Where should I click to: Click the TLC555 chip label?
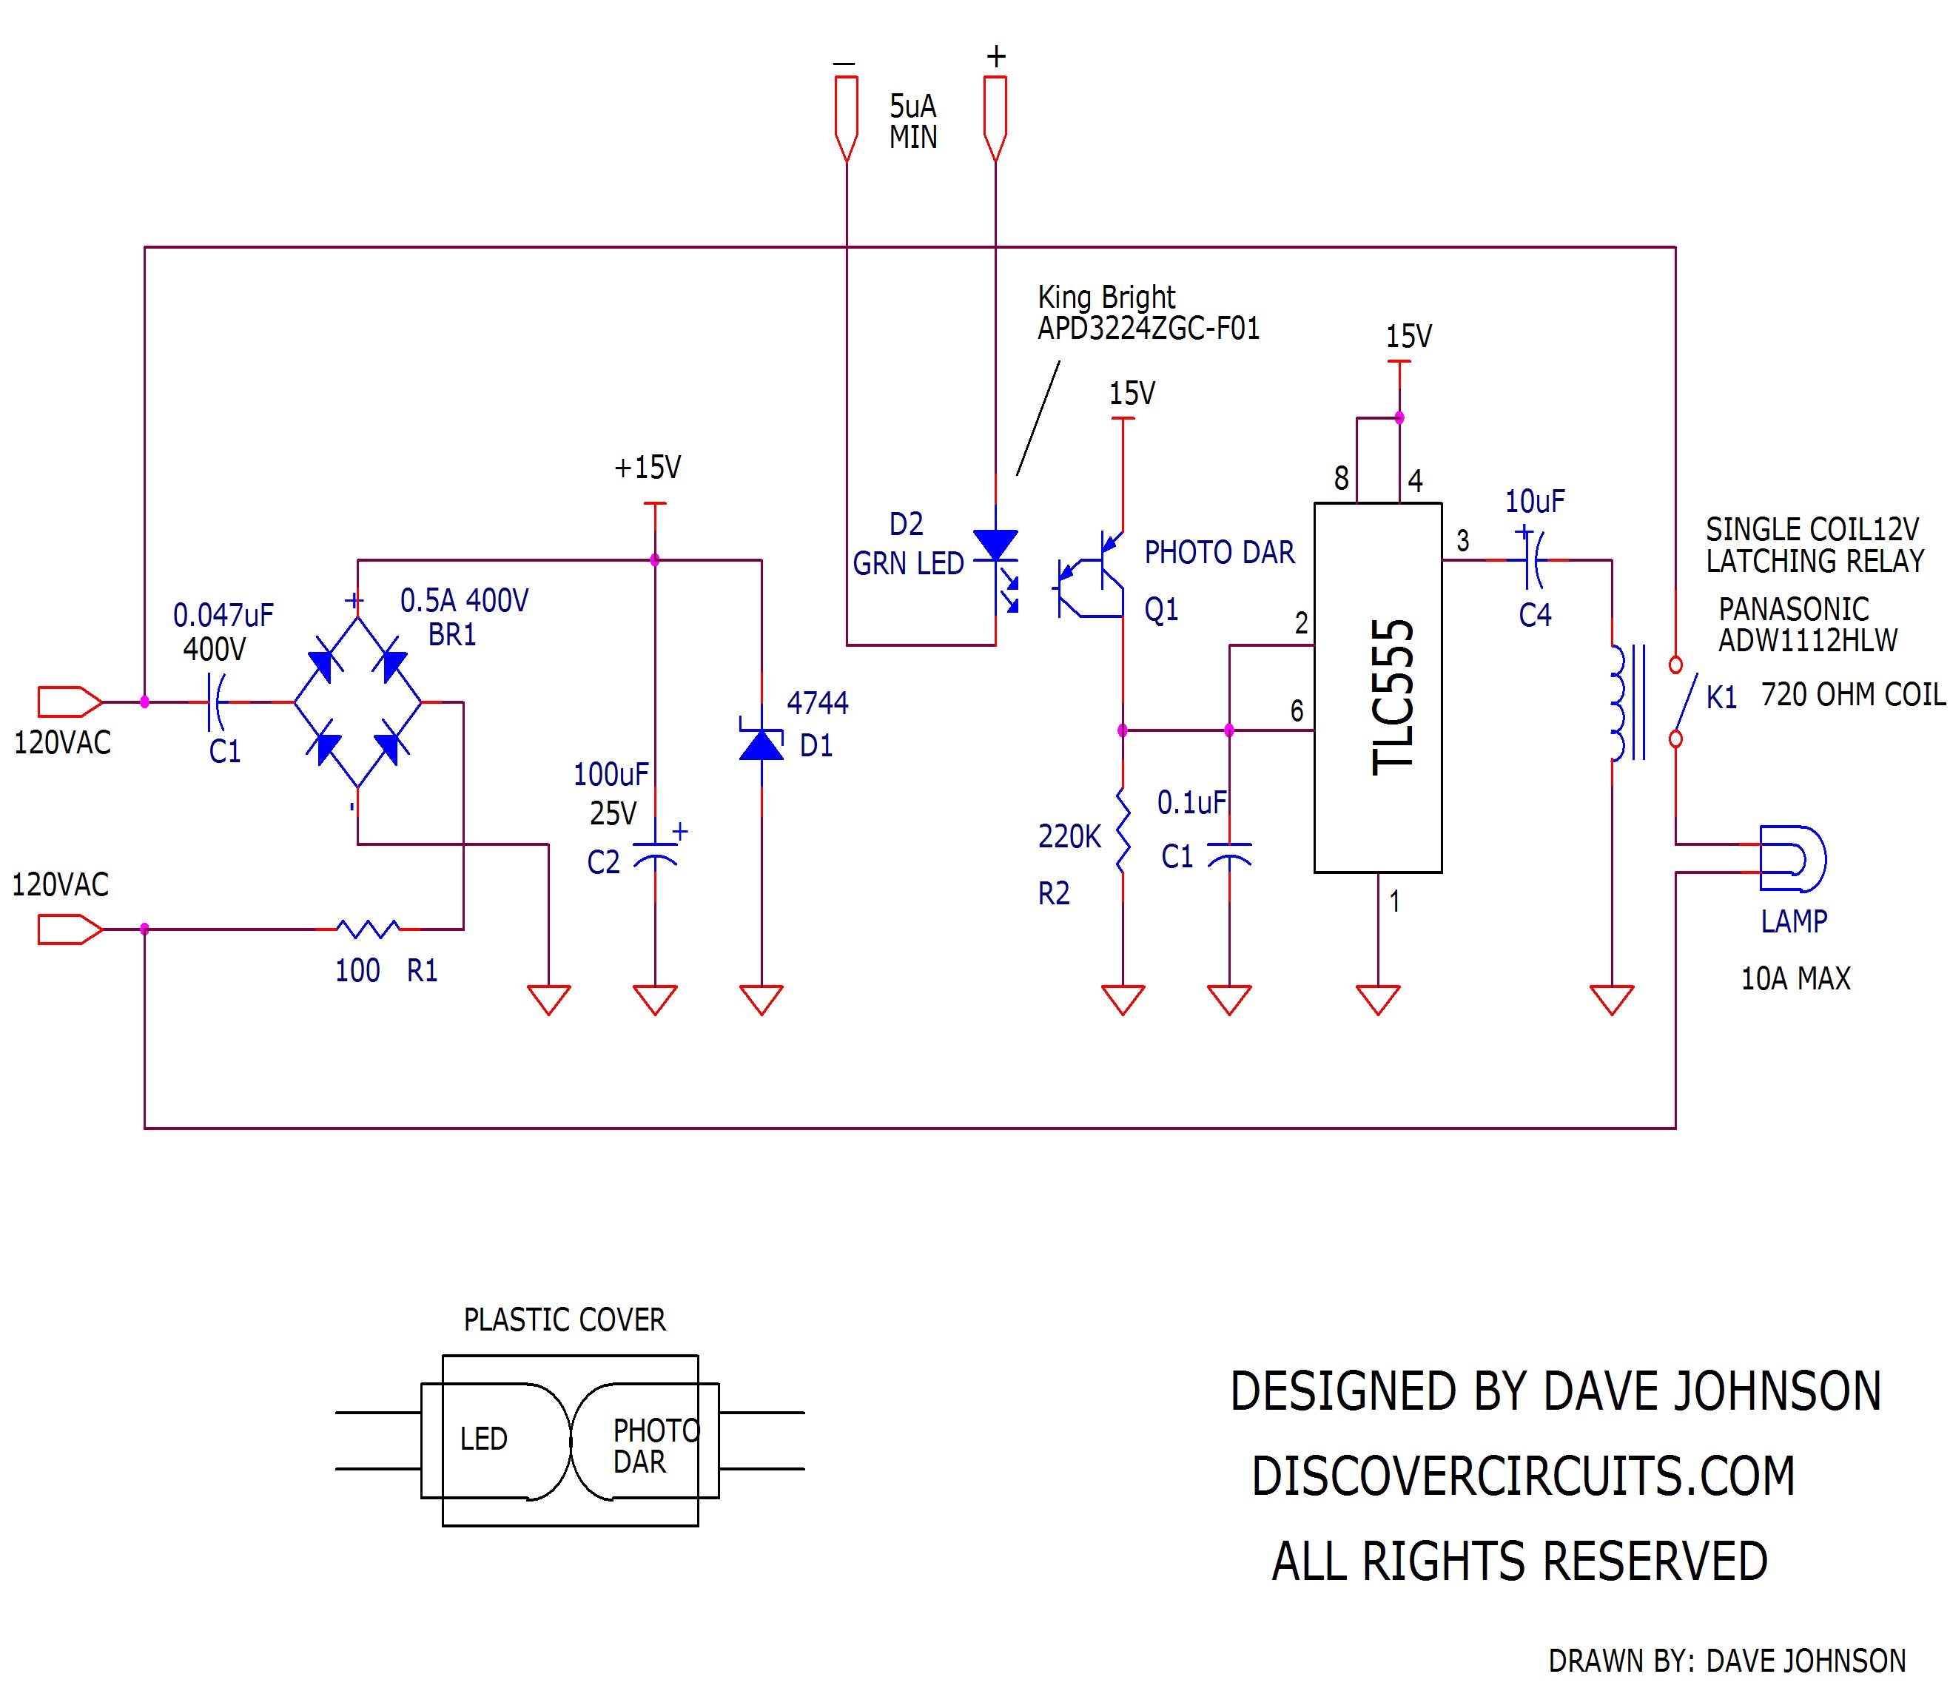1392,696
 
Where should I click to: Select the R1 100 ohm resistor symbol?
367,929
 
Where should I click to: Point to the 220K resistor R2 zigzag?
1122,830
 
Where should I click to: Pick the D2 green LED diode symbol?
996,546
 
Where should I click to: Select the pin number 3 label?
1462,541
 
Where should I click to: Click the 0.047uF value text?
223,615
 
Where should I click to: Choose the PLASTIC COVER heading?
564,1319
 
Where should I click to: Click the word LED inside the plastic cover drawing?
483,1439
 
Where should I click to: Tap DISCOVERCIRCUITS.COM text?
1522,1476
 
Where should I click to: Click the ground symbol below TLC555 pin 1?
1377,998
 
